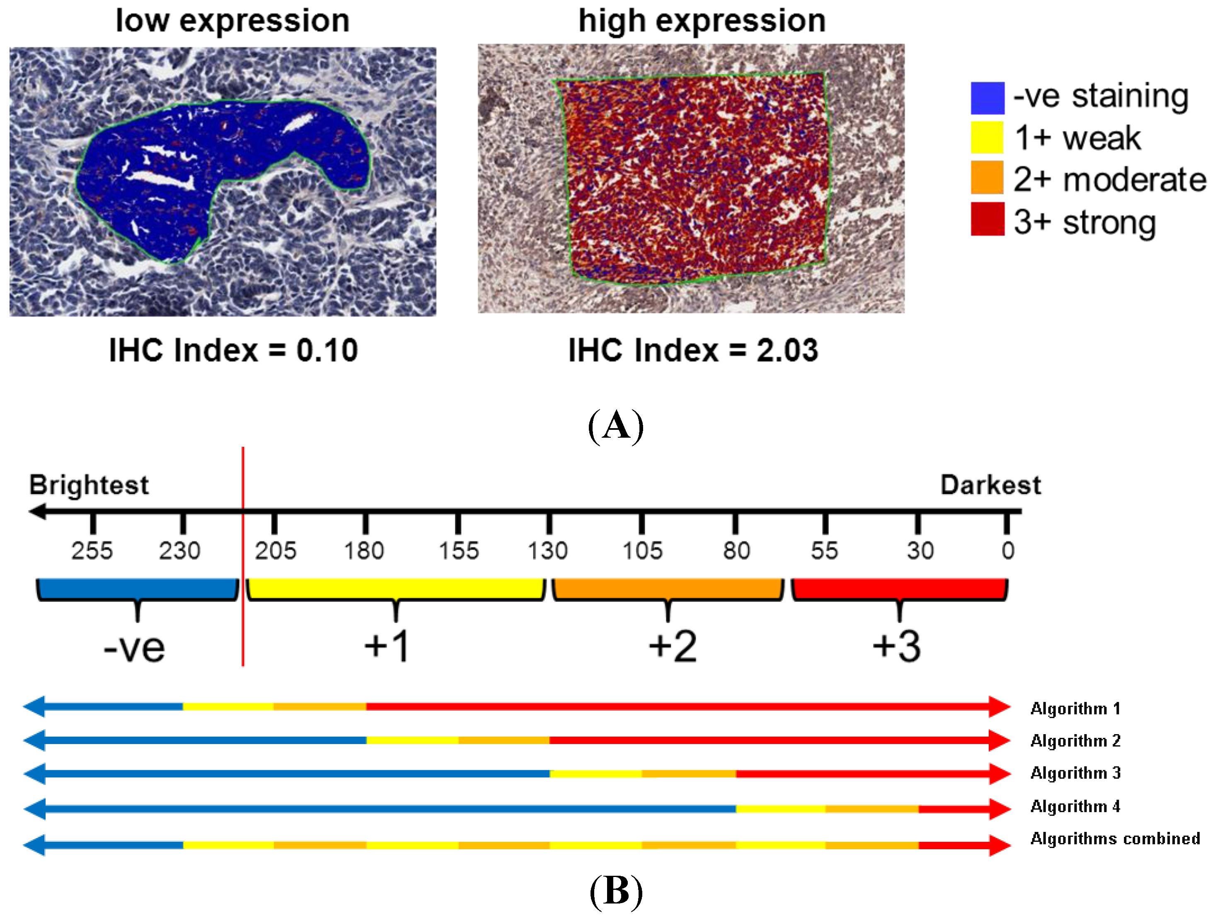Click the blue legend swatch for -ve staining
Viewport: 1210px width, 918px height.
pyautogui.click(x=987, y=98)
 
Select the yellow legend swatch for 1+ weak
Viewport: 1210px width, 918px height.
pyautogui.click(x=987, y=137)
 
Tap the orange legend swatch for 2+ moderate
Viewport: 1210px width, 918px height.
pyautogui.click(x=987, y=177)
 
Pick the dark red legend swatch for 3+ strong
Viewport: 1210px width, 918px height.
pyautogui.click(x=987, y=219)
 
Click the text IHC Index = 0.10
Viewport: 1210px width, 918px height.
pyautogui.click(x=234, y=350)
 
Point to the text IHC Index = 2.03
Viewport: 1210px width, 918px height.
pyautogui.click(x=693, y=350)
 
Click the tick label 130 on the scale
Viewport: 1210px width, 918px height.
pyautogui.click(x=547, y=551)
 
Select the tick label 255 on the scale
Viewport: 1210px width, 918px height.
pyautogui.click(x=92, y=551)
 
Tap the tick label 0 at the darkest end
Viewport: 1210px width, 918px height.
pyautogui.click(x=1008, y=551)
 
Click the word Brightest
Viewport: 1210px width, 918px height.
pyautogui.click(x=89, y=485)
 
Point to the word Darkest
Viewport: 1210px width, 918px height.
pyautogui.click(x=990, y=485)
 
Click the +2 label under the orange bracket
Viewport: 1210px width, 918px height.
pyautogui.click(x=672, y=646)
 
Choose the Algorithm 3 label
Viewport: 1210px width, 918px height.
pyautogui.click(x=1075, y=773)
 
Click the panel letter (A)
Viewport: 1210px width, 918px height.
pyautogui.click(x=615, y=426)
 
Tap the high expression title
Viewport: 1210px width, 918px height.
pyautogui.click(x=702, y=21)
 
